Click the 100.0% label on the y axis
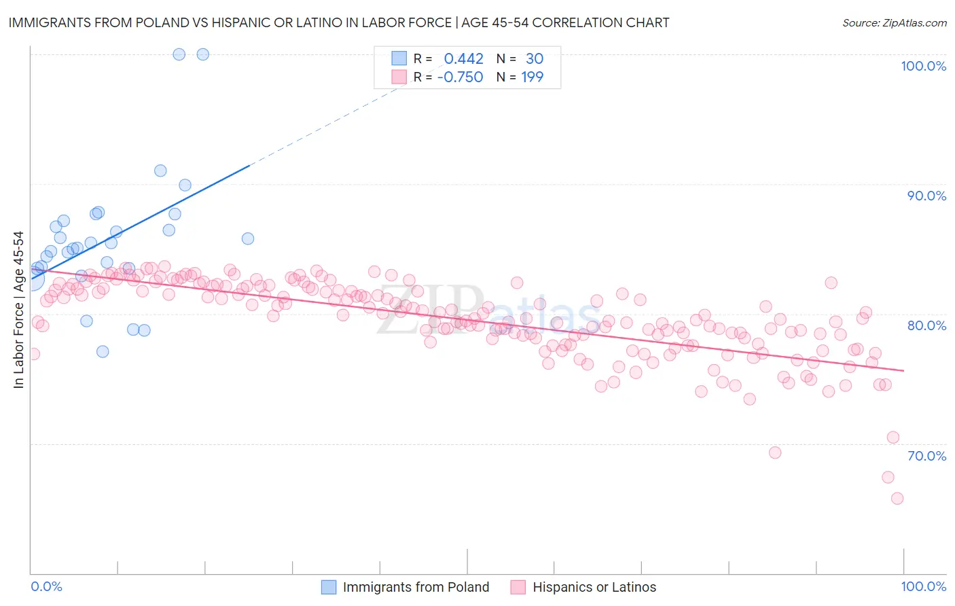pyautogui.click(x=923, y=66)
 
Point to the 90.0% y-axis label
pyautogui.click(x=926, y=196)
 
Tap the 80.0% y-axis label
pyautogui.click(x=926, y=325)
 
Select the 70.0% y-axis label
pyautogui.click(x=926, y=456)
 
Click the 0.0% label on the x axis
pyautogui.click(x=46, y=587)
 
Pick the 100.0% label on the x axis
pyautogui.click(x=923, y=587)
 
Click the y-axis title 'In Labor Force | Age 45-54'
pyautogui.click(x=18, y=310)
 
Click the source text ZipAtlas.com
pyautogui.click(x=894, y=23)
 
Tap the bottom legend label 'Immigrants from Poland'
pyautogui.click(x=416, y=588)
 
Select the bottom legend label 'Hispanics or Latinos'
pyautogui.click(x=594, y=588)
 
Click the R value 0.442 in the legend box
pyautogui.click(x=463, y=59)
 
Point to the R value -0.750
pyautogui.click(x=460, y=77)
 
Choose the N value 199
pyautogui.click(x=532, y=77)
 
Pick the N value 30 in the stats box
pyautogui.click(x=535, y=59)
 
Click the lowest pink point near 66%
pyautogui.click(x=897, y=499)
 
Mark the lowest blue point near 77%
pyautogui.click(x=103, y=352)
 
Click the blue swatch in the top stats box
pyautogui.click(x=399, y=59)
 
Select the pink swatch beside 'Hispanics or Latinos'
pyautogui.click(x=518, y=588)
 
